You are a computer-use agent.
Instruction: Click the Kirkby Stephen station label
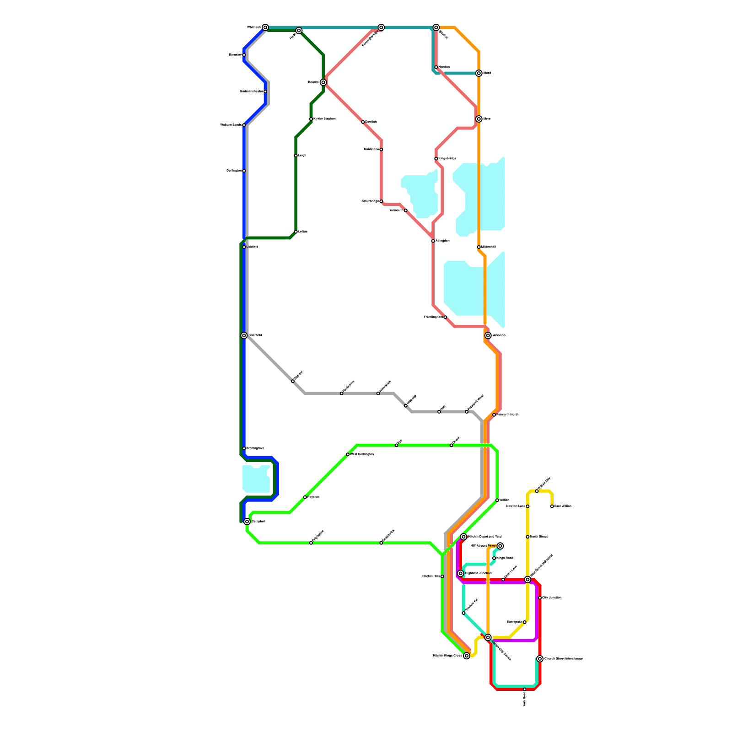(324, 119)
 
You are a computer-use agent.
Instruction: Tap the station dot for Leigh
(296, 156)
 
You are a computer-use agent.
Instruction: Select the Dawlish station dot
(363, 122)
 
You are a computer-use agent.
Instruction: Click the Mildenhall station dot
(479, 247)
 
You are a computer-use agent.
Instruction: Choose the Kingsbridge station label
(447, 159)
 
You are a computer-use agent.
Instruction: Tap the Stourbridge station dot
(381, 201)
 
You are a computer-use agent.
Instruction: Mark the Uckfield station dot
(244, 247)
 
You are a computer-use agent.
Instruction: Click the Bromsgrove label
(255, 448)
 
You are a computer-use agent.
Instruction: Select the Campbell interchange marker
(247, 522)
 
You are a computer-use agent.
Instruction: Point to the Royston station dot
(305, 497)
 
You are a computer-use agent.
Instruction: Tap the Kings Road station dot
(494, 558)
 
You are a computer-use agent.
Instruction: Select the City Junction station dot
(540, 598)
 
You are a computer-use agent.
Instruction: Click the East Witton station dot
(552, 506)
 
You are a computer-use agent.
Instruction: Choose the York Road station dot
(525, 689)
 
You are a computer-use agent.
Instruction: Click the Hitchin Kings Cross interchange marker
(467, 656)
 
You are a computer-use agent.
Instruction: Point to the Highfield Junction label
(479, 573)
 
